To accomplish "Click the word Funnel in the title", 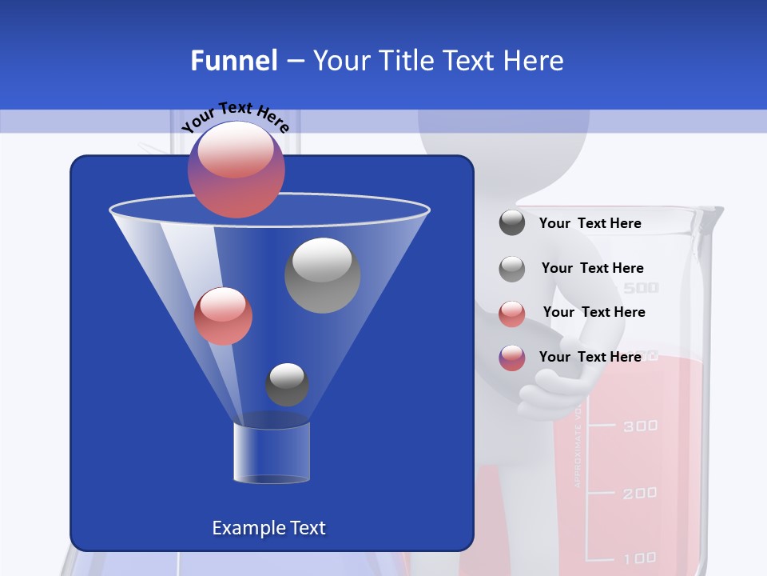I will tap(233, 61).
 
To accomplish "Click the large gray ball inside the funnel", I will tap(322, 274).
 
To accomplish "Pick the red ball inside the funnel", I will tap(223, 315).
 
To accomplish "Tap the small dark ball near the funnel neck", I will tap(287, 384).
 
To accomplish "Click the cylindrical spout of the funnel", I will tap(271, 452).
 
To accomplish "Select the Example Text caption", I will tap(268, 528).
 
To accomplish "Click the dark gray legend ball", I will tap(512, 223).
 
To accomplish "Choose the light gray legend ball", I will tap(512, 268).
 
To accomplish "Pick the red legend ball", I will tap(512, 313).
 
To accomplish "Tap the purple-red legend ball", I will tap(512, 358).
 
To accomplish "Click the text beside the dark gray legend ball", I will tap(590, 223).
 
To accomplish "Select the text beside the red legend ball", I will tap(594, 312).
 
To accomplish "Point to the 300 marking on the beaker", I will tap(641, 425).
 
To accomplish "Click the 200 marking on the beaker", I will tap(640, 493).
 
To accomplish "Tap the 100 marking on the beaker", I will tap(640, 558).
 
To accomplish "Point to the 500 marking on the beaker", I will tap(641, 288).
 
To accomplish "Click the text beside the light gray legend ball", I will tap(592, 268).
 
